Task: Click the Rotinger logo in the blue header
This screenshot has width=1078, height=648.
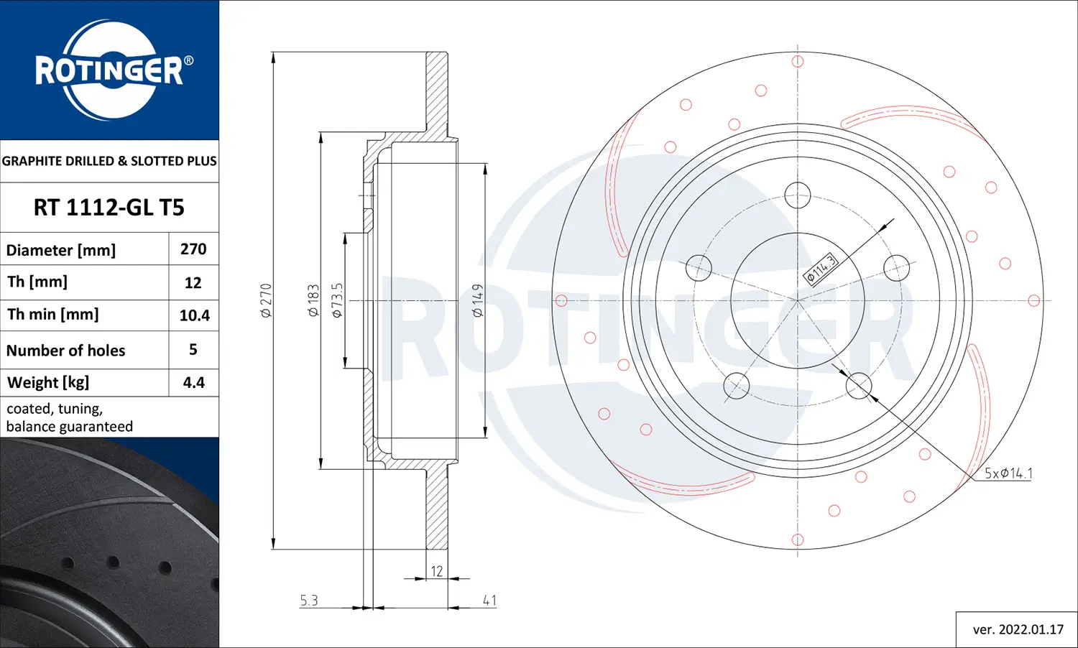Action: pos(110,70)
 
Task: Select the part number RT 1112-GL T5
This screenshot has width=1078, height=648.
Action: pos(109,208)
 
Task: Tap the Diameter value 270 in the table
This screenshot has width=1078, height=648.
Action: pos(193,249)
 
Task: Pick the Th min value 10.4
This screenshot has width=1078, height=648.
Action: pos(194,315)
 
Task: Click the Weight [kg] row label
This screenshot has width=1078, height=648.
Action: pos(48,382)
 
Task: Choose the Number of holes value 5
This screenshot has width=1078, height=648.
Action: pos(193,350)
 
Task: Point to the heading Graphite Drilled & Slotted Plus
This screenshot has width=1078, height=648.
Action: pos(109,161)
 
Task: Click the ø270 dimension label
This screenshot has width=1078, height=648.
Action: pos(266,300)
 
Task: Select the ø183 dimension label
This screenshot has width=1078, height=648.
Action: pos(313,300)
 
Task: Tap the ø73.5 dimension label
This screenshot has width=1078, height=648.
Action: pos(337,300)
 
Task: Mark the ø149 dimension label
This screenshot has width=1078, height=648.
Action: pos(478,300)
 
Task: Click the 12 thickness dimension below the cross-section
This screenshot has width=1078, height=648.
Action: pos(436,571)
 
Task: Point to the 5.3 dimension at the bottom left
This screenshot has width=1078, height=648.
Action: pos(309,601)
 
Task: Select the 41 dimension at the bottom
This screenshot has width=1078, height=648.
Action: pos(489,601)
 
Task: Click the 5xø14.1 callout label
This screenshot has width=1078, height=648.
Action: pos(1008,473)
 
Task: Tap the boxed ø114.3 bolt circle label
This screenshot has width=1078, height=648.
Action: pos(821,269)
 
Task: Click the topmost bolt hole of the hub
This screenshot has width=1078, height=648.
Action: pos(797,195)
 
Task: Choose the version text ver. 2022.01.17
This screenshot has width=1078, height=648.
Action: pos(1018,629)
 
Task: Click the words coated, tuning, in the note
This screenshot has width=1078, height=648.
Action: pos(55,409)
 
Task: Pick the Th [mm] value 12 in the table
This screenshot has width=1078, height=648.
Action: pos(193,283)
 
